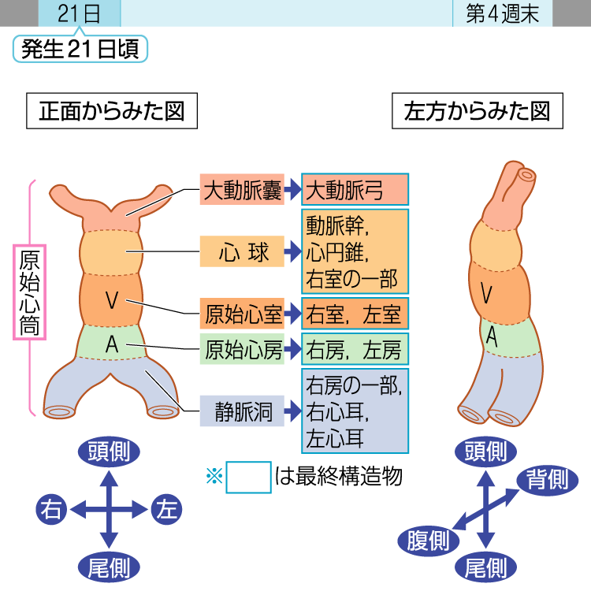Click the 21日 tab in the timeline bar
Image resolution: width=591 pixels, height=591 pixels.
coord(79,13)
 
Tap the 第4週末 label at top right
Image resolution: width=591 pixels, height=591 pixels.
coord(502,13)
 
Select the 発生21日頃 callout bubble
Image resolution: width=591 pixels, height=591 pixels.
coord(80,49)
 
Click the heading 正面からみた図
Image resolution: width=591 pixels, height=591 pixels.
coord(111,111)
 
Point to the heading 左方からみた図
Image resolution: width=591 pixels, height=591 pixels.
coord(477,111)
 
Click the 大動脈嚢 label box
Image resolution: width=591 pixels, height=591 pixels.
coord(242,190)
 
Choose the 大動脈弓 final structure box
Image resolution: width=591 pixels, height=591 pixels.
coord(355,190)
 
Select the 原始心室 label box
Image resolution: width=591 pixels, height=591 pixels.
coord(242,314)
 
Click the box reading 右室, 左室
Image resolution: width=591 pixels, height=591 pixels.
coord(355,314)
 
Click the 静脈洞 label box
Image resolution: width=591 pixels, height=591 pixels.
coord(242,411)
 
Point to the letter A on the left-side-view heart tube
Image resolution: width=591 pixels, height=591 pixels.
coord(491,336)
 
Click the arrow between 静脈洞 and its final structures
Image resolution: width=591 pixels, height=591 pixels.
coord(292,411)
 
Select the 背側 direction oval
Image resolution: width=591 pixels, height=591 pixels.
coord(547,478)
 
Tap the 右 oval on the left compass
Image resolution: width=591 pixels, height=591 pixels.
coord(53,510)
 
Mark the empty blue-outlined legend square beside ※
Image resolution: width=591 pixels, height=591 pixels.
coord(248,477)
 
